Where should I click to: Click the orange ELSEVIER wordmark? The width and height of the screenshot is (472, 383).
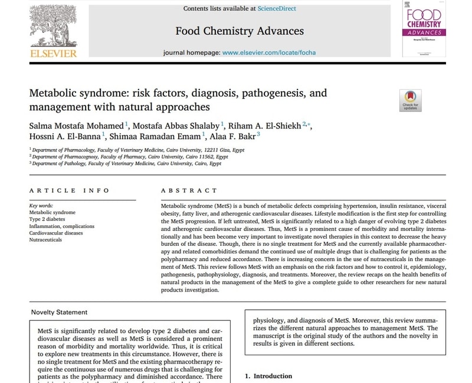pyautogui.click(x=53, y=54)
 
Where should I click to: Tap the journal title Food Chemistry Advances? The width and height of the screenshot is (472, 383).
pyautogui.click(x=240, y=31)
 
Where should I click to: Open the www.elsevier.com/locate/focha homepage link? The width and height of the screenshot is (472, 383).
pyautogui.click(x=269, y=52)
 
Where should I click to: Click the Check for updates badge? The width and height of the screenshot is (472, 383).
pyautogui.click(x=410, y=100)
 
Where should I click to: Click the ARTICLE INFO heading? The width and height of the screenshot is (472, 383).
pyautogui.click(x=69, y=190)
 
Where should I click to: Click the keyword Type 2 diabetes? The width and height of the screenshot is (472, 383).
pyautogui.click(x=48, y=219)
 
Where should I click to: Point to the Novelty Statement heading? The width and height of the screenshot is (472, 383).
pyautogui.click(x=59, y=312)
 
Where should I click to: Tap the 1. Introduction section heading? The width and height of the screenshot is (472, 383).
pyautogui.click(x=268, y=376)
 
